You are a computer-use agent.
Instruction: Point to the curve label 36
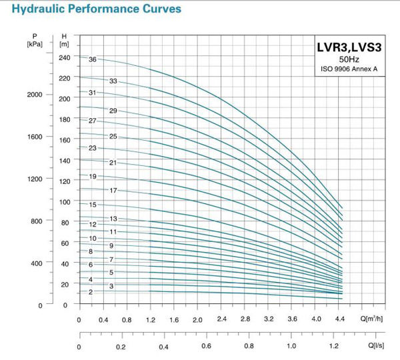[x=93, y=60]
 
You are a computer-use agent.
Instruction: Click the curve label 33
[x=113, y=81]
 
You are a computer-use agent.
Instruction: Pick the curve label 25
[x=113, y=137]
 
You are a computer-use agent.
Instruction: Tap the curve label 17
[x=113, y=191]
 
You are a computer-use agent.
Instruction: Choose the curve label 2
[x=90, y=292]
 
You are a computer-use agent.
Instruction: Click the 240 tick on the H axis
[x=64, y=57]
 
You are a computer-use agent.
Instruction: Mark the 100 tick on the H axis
[x=64, y=202]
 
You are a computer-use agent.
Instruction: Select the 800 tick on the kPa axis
[x=36, y=221]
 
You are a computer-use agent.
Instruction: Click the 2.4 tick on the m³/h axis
[x=221, y=320]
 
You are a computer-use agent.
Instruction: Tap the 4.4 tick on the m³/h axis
[x=339, y=320]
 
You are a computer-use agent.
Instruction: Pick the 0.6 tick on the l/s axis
[x=206, y=347]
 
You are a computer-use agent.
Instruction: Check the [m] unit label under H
[x=64, y=44]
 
